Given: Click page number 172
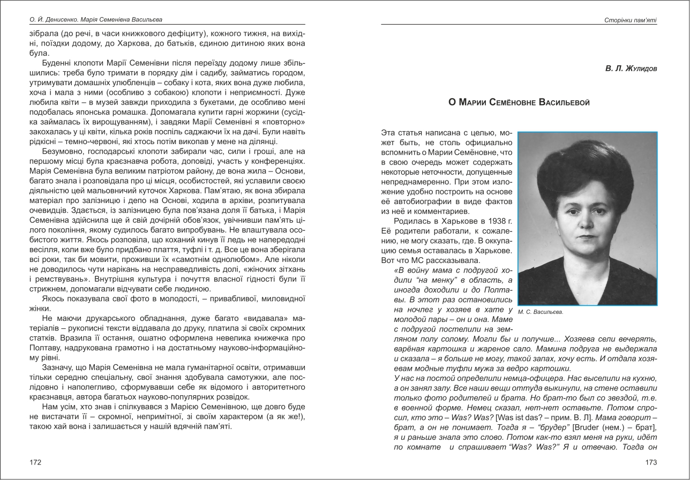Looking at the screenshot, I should (35, 462).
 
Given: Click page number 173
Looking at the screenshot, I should (651, 462).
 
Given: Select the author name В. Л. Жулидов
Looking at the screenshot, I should (631, 69).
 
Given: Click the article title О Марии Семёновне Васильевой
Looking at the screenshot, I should (519, 102).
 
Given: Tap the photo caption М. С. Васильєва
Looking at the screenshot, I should (541, 312).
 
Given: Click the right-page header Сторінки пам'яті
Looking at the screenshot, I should (629, 20).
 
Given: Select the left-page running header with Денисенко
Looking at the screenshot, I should (96, 20).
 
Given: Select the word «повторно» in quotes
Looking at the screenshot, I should (286, 122).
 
